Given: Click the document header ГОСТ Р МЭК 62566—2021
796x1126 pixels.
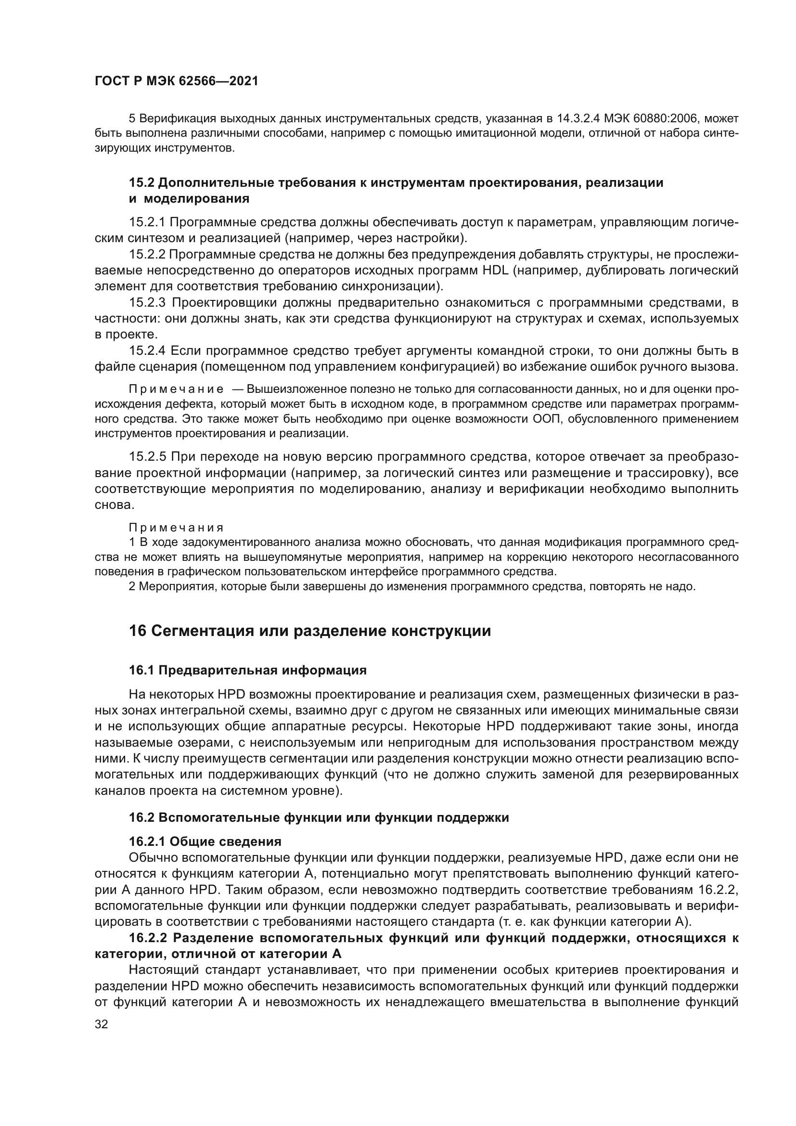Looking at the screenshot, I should (176, 81).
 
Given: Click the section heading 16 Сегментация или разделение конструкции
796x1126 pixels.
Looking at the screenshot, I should (309, 631).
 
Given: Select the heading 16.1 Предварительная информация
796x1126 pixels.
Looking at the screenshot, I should (247, 670).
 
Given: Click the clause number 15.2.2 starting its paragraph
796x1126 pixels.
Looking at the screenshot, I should (148, 255).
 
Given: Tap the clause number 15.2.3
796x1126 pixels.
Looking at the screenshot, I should (148, 303).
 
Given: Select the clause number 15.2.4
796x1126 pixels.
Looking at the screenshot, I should (148, 350).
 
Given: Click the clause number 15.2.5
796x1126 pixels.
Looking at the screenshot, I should (148, 456).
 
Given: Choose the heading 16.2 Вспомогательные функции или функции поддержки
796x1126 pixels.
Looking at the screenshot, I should (319, 817).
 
